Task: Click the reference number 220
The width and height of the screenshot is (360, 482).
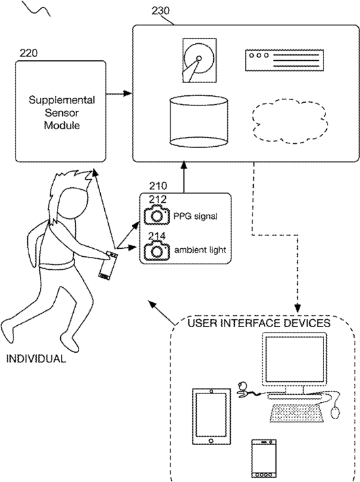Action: pos(28,53)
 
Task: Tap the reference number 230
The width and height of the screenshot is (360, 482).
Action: pos(160,11)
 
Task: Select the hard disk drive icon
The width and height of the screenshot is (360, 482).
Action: pos(200,60)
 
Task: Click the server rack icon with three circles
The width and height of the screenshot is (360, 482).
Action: pos(284,60)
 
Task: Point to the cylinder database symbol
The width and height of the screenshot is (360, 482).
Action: pos(199,120)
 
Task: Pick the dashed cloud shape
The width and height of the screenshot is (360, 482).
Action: pos(289,121)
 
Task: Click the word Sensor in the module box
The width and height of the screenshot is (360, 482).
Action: pos(62,113)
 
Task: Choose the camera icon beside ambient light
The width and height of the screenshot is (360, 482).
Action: pos(157,250)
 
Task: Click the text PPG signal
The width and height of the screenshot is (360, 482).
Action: pos(196,216)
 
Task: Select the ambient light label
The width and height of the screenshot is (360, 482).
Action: pos(200,250)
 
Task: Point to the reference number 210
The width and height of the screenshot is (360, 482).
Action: pos(158,186)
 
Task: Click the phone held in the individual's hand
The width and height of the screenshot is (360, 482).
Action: pos(108,265)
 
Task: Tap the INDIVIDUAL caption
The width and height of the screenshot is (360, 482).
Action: pos(36,359)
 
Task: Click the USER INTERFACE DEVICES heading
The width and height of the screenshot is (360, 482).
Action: pos(258,323)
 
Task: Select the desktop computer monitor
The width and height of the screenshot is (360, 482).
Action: pos(294,360)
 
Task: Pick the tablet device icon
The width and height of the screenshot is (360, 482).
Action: pos(211,416)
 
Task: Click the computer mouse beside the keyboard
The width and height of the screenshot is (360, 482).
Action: pos(336,412)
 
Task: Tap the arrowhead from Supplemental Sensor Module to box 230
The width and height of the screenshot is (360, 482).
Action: pos(127,93)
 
